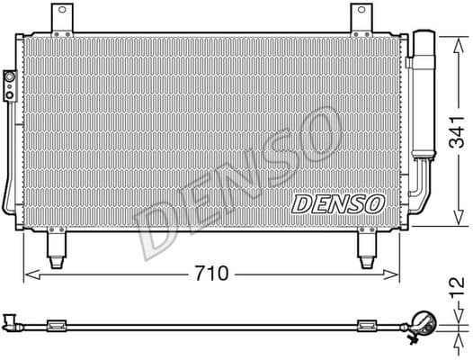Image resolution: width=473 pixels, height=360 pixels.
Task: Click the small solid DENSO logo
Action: (x=339, y=203)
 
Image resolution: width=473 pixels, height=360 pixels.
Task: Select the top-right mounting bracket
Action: (x=360, y=20)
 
